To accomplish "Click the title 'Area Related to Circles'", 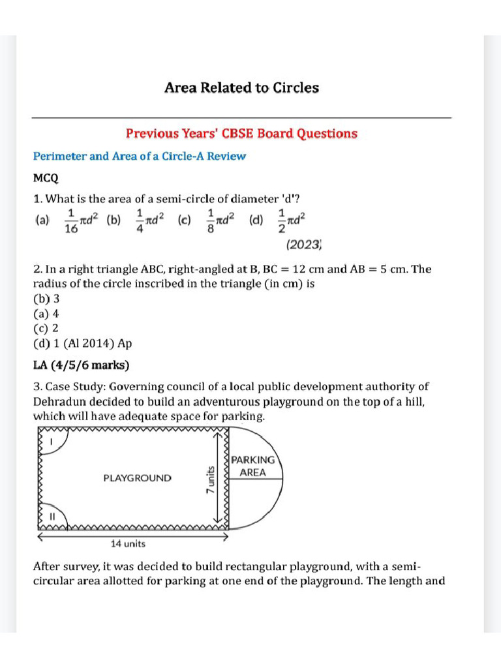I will click(x=241, y=87).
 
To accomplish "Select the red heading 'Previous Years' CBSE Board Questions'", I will click(x=241, y=134).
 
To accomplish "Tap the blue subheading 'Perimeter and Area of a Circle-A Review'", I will click(x=140, y=157).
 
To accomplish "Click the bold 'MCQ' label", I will click(x=46, y=177).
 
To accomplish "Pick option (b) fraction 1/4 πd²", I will click(x=138, y=220).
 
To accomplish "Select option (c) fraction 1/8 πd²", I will click(x=209, y=220).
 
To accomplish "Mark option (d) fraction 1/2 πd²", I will click(x=280, y=220).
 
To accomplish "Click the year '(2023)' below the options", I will click(x=304, y=245).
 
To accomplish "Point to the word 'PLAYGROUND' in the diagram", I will click(x=138, y=478).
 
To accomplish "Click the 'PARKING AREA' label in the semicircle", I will click(x=253, y=466).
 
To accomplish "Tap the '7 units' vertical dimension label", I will click(x=211, y=479).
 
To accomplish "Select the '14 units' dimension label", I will click(x=128, y=543).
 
